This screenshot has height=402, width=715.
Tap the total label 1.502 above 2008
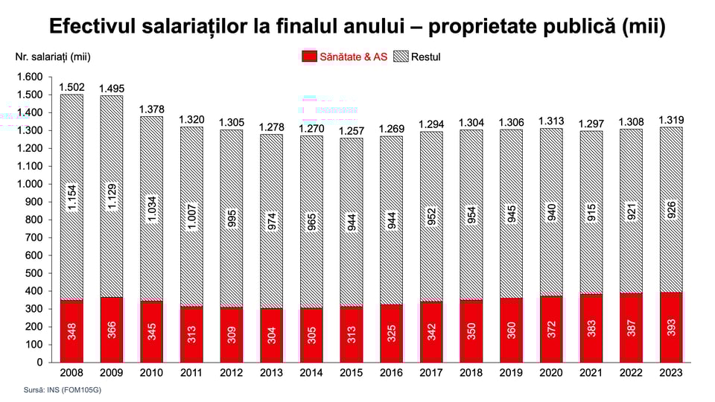pyautogui.click(x=71, y=87)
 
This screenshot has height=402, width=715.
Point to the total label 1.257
pyautogui.click(x=352, y=131)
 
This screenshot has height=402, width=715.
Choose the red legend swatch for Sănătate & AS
pyautogui.click(x=309, y=56)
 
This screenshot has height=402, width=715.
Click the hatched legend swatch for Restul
pyautogui.click(x=401, y=56)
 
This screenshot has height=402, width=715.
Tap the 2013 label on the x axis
pyautogui.click(x=271, y=371)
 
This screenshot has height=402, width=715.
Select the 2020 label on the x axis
pyautogui.click(x=551, y=371)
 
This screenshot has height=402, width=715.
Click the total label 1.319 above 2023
pyautogui.click(x=672, y=120)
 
